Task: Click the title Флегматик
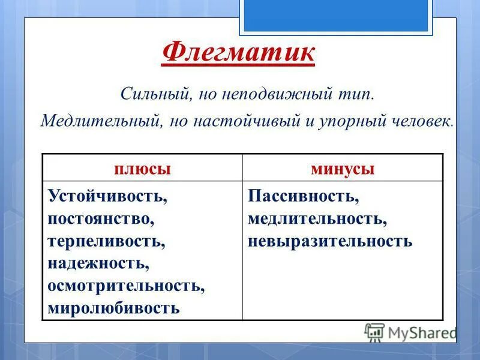click(239, 53)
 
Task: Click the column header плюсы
click(143, 169)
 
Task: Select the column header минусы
click(343, 169)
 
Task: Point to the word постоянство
click(101, 218)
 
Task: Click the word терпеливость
click(107, 241)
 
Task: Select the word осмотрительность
click(127, 286)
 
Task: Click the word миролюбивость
click(114, 308)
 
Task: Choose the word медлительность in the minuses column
click(317, 218)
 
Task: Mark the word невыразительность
click(330, 241)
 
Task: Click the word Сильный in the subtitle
click(148, 94)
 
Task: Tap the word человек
click(423, 121)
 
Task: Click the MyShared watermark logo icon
click(374, 332)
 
